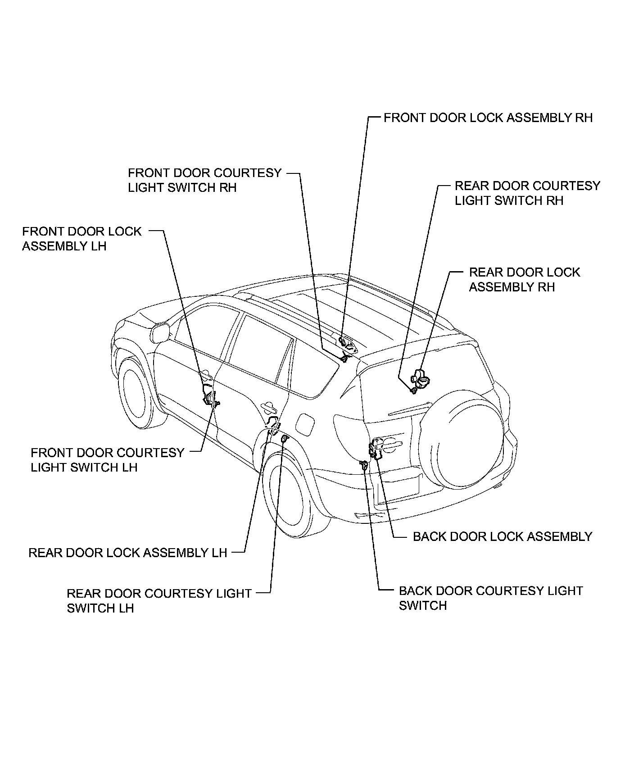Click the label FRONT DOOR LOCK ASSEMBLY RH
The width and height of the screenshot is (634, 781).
click(488, 118)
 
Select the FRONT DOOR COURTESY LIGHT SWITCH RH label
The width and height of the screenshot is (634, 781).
click(204, 180)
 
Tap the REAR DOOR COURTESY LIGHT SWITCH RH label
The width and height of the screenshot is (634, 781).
click(527, 193)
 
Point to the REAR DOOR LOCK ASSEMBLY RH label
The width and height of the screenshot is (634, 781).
click(524, 279)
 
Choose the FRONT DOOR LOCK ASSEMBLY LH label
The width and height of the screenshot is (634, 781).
click(82, 239)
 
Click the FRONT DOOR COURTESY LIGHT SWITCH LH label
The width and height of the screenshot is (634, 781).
click(108, 460)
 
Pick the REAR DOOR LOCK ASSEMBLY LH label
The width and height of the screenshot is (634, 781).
click(128, 553)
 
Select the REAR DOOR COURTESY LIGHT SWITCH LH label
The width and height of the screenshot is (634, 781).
click(158, 600)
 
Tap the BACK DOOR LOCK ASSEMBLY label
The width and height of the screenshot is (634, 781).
click(502, 536)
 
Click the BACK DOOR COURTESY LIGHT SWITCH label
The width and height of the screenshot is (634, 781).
click(490, 598)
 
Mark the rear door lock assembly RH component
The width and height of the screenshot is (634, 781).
click(421, 377)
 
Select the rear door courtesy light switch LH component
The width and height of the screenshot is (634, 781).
click(284, 440)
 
